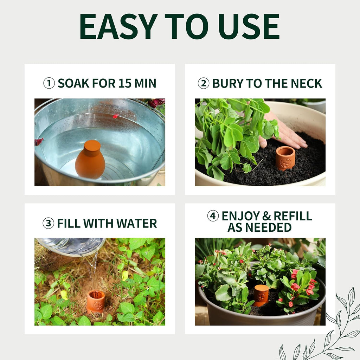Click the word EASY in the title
[x=118, y=26]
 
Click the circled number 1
[x=49, y=83]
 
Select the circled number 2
[x=204, y=83]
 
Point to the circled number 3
[x=49, y=223]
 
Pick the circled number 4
[x=213, y=216]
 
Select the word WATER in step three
[x=137, y=223]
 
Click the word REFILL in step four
[x=293, y=216]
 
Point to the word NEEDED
[x=268, y=227]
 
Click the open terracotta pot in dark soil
[x=285, y=158]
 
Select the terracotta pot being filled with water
[x=96, y=302]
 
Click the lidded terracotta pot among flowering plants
[x=261, y=295]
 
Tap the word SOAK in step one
[x=73, y=83]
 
